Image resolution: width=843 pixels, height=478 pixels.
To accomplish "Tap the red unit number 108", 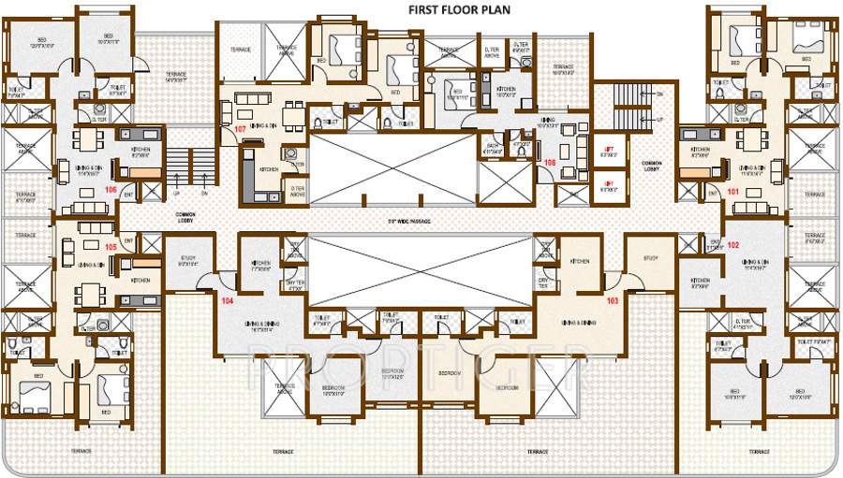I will (550, 162).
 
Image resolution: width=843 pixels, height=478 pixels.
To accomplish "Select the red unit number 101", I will (733, 192).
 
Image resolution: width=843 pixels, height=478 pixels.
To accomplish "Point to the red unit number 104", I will (227, 301).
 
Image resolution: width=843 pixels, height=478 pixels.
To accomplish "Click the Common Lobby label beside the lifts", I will (652, 166).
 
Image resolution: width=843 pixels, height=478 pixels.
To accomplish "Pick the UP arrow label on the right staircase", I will (659, 120).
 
